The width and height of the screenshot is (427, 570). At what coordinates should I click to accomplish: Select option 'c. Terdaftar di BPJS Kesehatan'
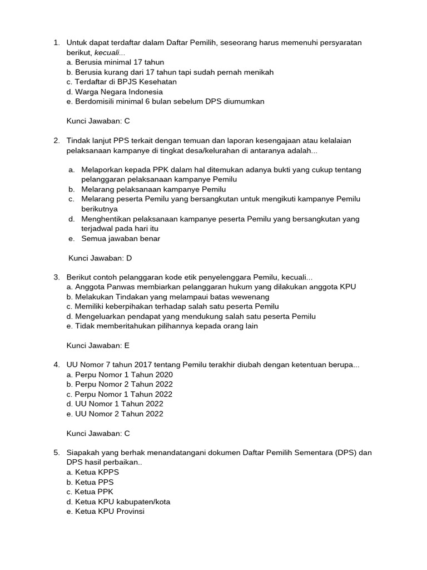pos(121,82)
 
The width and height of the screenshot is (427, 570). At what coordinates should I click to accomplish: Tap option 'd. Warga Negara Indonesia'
pos(115,91)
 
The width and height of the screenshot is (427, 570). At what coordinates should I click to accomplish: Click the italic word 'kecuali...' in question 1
pos(110,52)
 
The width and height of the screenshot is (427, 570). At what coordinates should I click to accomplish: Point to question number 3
pos(57,277)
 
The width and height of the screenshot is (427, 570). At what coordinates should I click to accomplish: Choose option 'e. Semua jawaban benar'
pos(115,239)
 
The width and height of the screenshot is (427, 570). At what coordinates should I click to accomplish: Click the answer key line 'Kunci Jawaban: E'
pos(98,345)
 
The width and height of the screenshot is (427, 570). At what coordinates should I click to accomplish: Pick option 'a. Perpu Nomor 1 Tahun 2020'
pos(120,375)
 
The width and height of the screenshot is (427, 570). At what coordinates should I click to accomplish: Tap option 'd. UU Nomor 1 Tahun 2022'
pos(115,404)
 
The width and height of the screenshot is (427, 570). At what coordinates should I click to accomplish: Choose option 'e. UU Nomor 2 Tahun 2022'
pos(115,414)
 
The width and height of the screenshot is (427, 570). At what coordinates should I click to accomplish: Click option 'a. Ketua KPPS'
pos(93,472)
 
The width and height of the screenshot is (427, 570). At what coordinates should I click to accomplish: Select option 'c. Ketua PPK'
pos(90,492)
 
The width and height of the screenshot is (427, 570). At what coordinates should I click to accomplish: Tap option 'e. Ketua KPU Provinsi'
pos(105,511)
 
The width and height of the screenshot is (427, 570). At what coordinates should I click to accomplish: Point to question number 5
pos(57,453)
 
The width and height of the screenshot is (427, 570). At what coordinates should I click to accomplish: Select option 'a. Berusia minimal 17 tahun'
pos(115,62)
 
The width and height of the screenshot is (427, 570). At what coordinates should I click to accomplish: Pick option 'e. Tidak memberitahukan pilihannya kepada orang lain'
pos(162,326)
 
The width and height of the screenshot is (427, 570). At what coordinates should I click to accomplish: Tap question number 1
pos(57,43)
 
